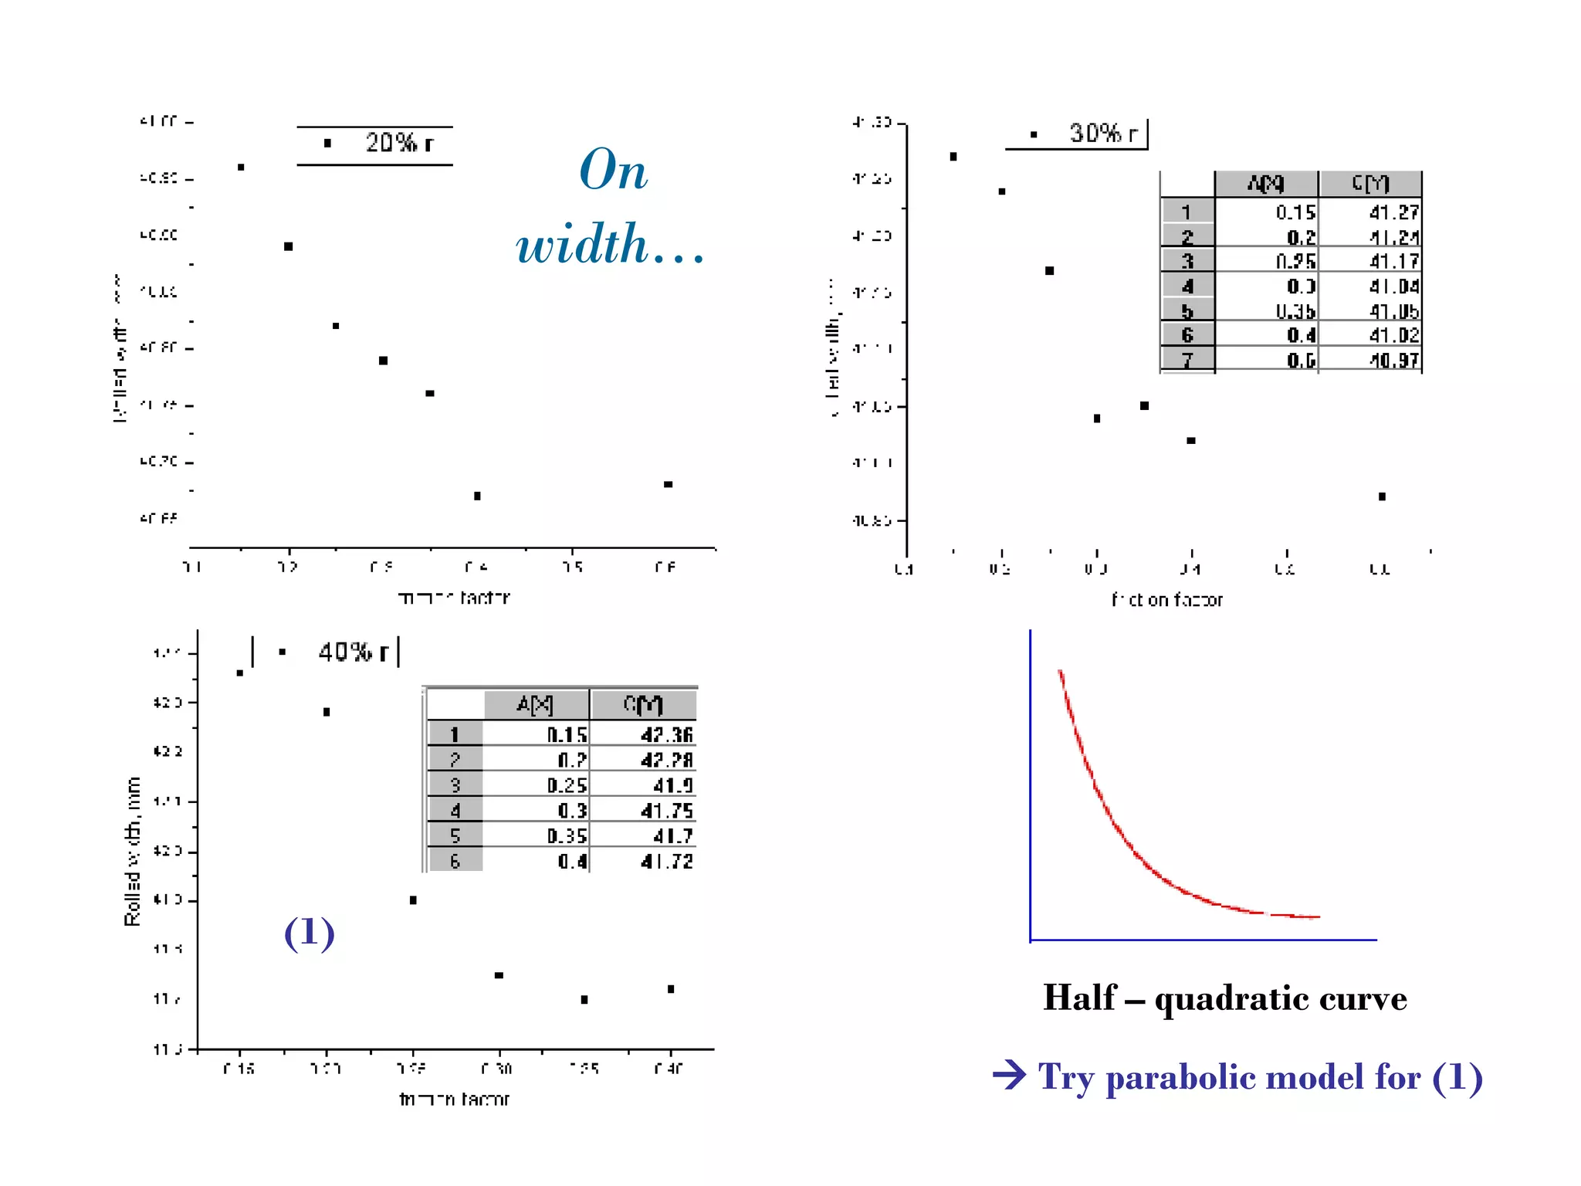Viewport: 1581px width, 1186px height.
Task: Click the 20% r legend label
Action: pos(398,143)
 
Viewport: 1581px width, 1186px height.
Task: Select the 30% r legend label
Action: pos(1103,134)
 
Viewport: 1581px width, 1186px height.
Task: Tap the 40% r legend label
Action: pos(353,652)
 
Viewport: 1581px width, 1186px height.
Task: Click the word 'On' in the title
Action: pos(613,171)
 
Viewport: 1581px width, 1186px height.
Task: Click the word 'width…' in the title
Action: pos(610,245)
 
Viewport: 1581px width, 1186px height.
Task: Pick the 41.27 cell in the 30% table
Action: pos(1393,212)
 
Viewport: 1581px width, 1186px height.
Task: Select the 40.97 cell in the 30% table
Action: pos(1393,360)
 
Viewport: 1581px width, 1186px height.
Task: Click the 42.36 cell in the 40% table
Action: pos(666,734)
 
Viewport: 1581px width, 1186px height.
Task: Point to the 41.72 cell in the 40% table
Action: pos(666,861)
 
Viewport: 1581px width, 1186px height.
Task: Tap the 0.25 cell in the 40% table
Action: pos(567,785)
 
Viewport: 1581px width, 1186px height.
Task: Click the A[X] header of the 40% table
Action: pos(535,704)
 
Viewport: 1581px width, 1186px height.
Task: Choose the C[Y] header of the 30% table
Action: pos(1370,184)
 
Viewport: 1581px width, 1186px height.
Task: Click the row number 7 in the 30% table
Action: pos(1187,360)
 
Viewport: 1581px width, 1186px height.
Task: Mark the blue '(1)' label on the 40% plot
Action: pos(309,933)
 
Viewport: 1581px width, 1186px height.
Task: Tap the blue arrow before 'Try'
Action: pos(1010,1075)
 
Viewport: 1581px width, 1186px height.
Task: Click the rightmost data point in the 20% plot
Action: pos(669,484)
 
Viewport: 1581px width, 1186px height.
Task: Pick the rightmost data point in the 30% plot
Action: pos(1382,496)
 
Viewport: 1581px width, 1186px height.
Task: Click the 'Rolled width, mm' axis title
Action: pos(133,851)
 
